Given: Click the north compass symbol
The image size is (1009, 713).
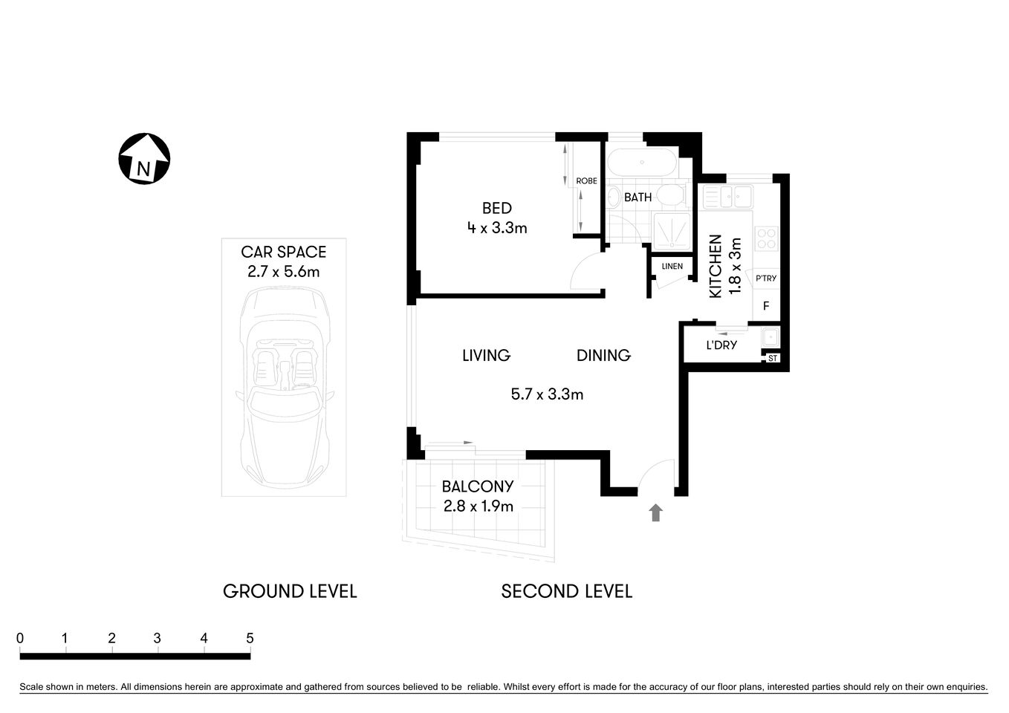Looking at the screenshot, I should coord(144,159).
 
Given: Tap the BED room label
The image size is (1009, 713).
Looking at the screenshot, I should coord(496,209).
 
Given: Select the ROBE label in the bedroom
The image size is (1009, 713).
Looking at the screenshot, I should coord(586,180).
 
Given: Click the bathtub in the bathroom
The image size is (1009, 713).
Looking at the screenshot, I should coord(641,163).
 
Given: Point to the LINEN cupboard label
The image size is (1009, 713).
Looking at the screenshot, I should coord(672,266).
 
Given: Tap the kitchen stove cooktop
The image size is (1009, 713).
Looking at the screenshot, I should coord(766,239).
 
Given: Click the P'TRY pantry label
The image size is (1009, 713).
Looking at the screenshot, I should coord(765,279).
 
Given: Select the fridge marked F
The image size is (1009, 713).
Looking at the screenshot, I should coord(766,305).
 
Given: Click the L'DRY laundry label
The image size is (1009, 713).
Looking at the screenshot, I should coord(721,345).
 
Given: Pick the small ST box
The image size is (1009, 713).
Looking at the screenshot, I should coord(772,359).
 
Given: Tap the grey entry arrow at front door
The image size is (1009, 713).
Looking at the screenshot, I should coord(655,512).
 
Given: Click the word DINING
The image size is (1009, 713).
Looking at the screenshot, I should coord(603,356).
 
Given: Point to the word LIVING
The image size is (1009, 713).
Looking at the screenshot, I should coord(486,356).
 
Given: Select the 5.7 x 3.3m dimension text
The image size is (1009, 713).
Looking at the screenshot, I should coord(547,394).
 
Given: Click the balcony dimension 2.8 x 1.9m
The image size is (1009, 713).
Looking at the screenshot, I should coord(478,507).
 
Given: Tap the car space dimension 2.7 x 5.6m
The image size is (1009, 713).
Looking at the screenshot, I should coord(283,272).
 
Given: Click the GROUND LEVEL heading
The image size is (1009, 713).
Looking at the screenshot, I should coord(290,591).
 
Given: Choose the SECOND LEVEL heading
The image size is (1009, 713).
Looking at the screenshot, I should coord(566,591).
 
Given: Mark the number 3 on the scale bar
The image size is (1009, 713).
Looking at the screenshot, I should coord(158,638).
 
